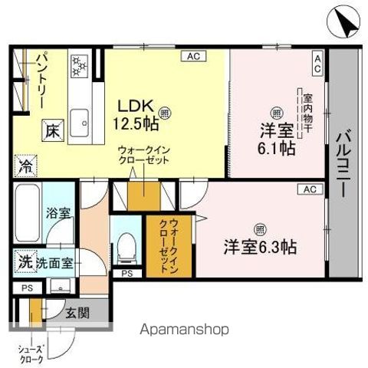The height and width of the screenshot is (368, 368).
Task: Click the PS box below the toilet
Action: [127, 273]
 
